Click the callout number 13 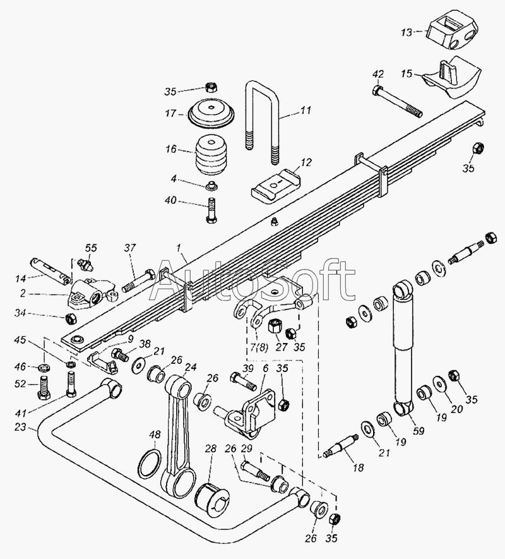(x=408, y=32)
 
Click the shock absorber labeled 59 (x=403, y=347)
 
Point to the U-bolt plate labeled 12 (x=275, y=185)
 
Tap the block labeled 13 (x=452, y=34)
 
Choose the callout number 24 (x=190, y=366)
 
